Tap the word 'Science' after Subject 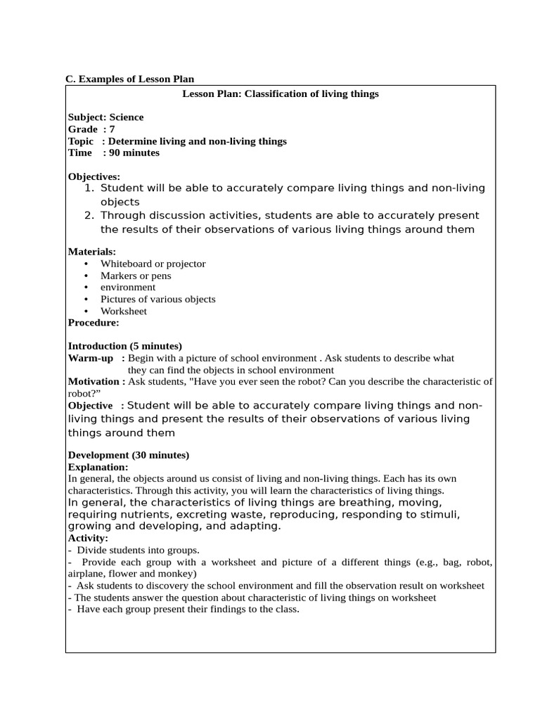[127, 117]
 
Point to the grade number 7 [112, 129]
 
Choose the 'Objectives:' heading [94, 176]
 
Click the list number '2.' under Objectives [89, 215]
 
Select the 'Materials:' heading [92, 251]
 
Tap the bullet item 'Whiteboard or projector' [153, 264]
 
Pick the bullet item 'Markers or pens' [135, 276]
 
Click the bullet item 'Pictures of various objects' [157, 299]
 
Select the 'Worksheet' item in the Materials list [123, 311]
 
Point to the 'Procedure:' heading [94, 323]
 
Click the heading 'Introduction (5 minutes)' [124, 346]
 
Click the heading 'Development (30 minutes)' [128, 455]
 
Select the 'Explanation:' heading [98, 467]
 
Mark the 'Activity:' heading [88, 538]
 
